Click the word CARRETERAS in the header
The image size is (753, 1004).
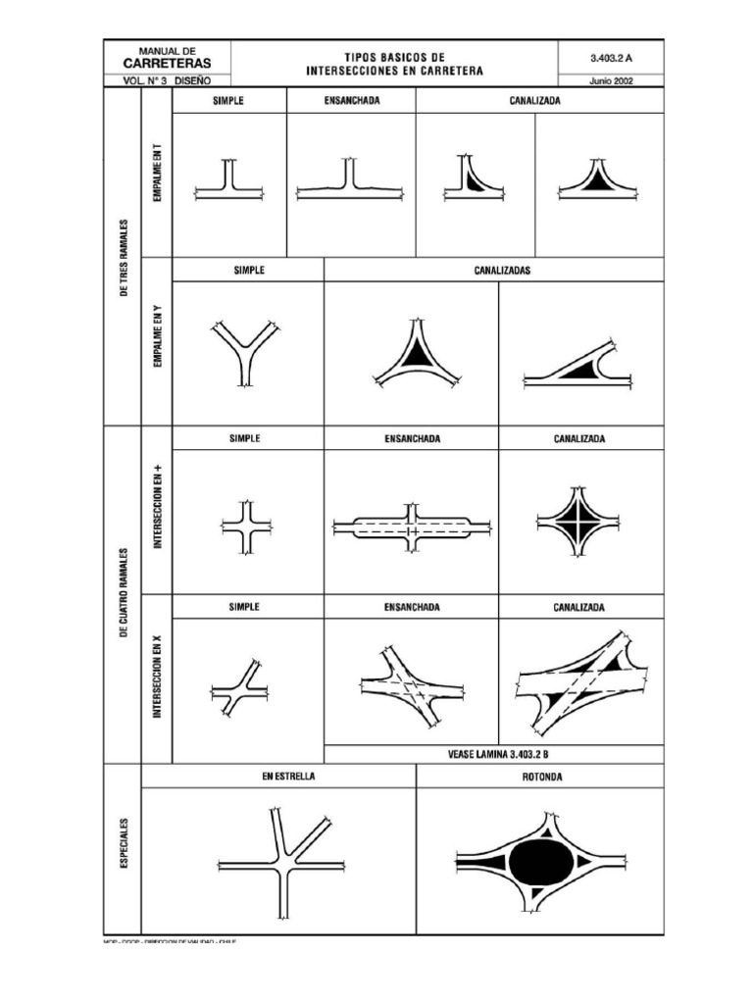[169, 62]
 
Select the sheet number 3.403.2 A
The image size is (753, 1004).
[609, 58]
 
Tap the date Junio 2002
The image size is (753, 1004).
[609, 81]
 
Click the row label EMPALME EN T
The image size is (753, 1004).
[157, 173]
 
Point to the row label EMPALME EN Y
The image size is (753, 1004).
[157, 336]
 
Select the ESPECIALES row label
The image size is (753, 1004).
[124, 842]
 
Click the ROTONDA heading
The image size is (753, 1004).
[539, 777]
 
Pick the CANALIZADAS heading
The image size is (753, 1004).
[498, 272]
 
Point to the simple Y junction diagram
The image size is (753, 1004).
[245, 353]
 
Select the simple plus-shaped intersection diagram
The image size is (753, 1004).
[246, 527]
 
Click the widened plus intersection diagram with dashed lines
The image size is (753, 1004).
[412, 527]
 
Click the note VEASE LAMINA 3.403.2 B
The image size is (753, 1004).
[497, 754]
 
